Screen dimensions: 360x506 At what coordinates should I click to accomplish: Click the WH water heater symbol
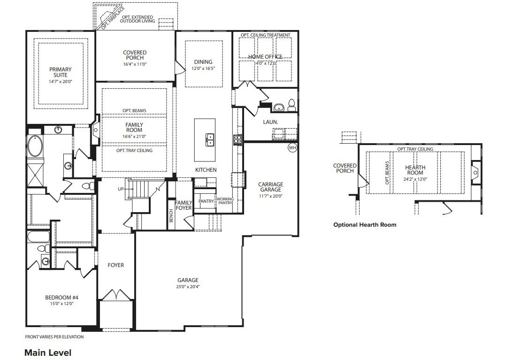tap(292, 147)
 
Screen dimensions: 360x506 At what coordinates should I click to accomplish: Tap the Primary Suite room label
tap(61, 72)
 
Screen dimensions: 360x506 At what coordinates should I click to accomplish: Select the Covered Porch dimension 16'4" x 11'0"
tap(135, 64)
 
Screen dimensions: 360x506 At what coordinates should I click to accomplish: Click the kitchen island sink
tap(210, 139)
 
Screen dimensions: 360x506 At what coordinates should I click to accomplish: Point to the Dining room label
tap(203, 62)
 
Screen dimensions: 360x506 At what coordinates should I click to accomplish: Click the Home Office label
tap(266, 57)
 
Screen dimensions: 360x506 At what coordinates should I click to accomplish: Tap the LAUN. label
tap(271, 122)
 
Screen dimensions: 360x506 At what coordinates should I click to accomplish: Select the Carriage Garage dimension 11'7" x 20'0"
tap(270, 196)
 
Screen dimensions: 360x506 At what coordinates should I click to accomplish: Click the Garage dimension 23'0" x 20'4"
tap(188, 287)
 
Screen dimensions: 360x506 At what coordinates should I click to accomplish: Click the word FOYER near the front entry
tap(116, 265)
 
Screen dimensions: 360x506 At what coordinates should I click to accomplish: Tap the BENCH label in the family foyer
tap(171, 215)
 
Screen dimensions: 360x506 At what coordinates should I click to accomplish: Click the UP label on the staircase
tap(121, 189)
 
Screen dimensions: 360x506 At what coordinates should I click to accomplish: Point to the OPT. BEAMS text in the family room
tap(134, 111)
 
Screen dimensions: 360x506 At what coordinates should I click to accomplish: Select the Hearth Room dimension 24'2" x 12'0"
tap(415, 179)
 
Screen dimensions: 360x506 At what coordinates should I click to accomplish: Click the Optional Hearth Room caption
tap(365, 225)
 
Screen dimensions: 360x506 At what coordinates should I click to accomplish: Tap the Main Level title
tap(48, 352)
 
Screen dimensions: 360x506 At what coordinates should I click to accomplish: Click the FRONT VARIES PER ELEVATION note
tap(54, 337)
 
